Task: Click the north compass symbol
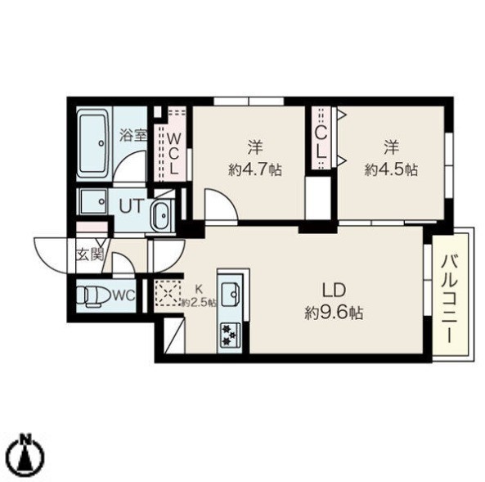coord(26,454)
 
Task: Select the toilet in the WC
coord(92,297)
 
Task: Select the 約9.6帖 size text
coord(334,313)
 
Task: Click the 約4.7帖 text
coord(255,169)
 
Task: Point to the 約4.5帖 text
coord(391,169)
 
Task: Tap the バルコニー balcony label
coord(450,299)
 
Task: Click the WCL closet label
coord(173,154)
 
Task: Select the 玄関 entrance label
coord(89,255)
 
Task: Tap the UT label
coord(132,205)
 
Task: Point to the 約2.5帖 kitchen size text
coord(199,303)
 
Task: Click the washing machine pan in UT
coord(94,201)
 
